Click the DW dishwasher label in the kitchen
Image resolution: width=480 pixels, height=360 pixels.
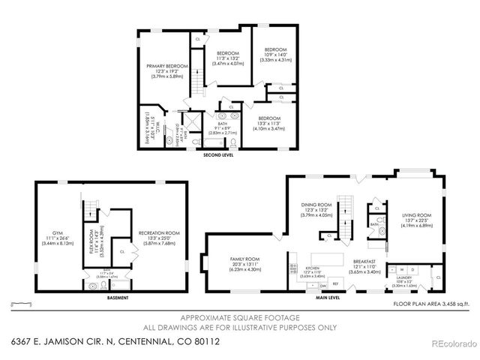(x=322, y=286)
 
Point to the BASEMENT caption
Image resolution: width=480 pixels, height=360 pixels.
(x=118, y=298)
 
